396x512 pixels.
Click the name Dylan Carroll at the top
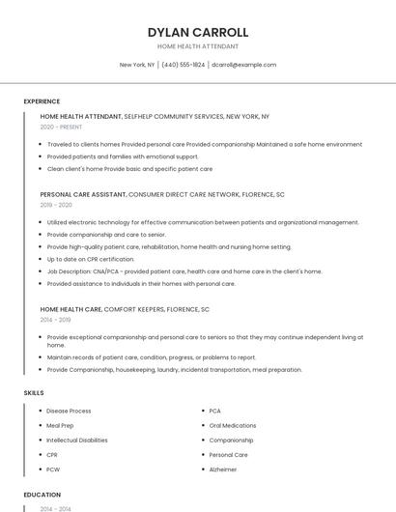coord(198,32)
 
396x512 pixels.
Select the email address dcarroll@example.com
coord(243,65)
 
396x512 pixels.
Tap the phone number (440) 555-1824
coord(184,65)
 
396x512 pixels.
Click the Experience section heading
coord(42,101)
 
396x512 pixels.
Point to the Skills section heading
coord(34,393)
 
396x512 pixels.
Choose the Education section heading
coord(42,495)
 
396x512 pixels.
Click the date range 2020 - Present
coord(61,127)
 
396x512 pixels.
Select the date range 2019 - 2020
coord(56,205)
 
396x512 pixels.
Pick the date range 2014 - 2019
coord(56,320)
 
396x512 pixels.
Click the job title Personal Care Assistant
coord(83,194)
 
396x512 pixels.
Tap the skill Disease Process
coord(69,411)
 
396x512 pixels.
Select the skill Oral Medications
coord(233,425)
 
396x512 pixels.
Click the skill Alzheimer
coord(223,469)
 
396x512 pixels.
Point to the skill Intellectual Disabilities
coord(77,440)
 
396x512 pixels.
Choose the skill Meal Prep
coord(60,425)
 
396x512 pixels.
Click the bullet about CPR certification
coord(91,259)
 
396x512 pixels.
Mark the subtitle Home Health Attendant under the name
coord(198,46)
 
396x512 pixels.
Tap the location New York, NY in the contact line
coord(137,65)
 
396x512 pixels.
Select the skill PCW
coord(54,469)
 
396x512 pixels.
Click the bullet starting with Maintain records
coord(152,356)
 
